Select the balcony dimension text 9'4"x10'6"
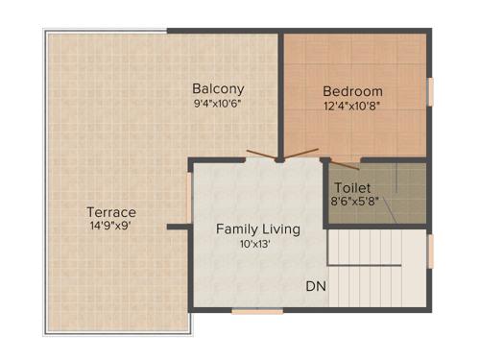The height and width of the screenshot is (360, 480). pos(215,102)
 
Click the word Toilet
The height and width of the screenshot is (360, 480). pos(351,187)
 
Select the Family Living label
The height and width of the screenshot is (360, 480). pos(257,228)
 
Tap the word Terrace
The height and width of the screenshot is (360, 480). pos(111,211)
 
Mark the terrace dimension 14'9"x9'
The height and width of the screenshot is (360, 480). pos(111,227)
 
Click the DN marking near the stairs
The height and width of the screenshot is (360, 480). pos(315,287)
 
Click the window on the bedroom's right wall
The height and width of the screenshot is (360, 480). pos(429,91)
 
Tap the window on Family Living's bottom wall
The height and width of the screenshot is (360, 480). pos(257,310)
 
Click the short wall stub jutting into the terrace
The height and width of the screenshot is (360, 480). pos(177,228)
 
